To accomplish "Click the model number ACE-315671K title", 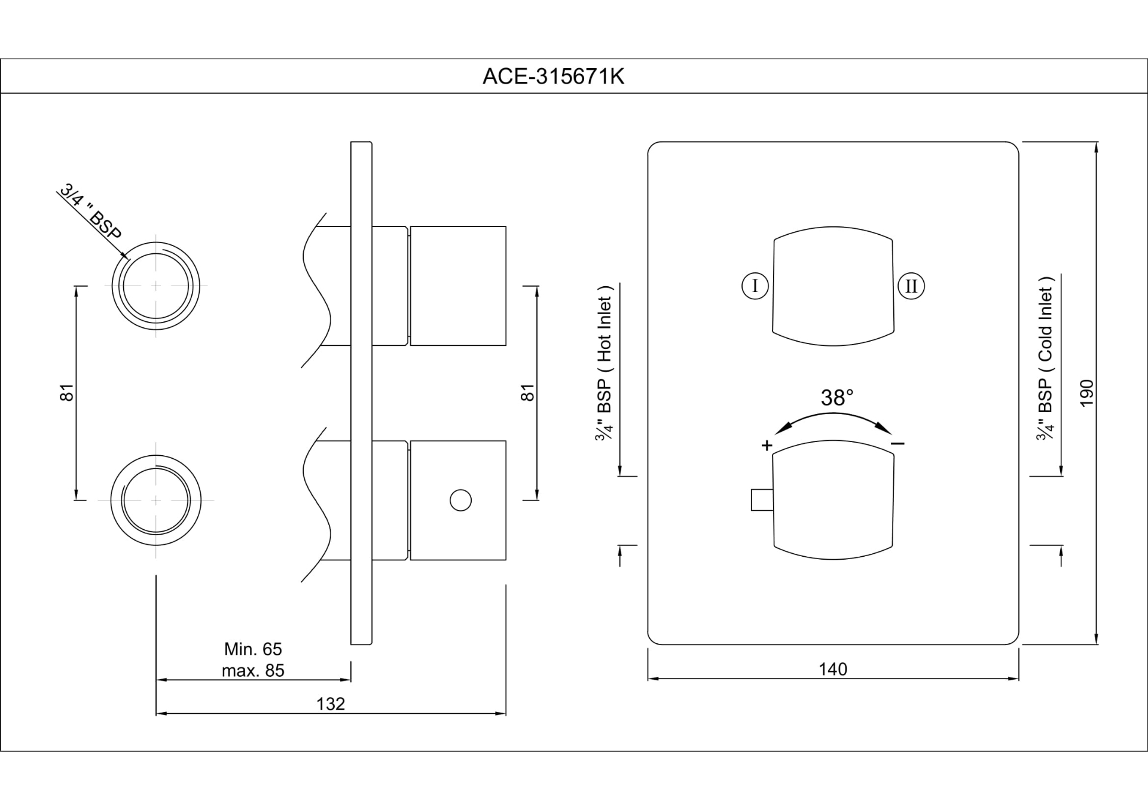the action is pyautogui.click(x=553, y=76).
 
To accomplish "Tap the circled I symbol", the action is pyautogui.click(x=755, y=286).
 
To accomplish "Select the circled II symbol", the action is pyautogui.click(x=911, y=286).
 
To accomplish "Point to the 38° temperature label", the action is pyautogui.click(x=836, y=397).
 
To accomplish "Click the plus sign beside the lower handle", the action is pyautogui.click(x=767, y=445).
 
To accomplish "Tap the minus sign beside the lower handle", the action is pyautogui.click(x=897, y=443).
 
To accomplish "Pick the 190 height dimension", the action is pyautogui.click(x=1087, y=393).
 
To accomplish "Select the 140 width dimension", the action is pyautogui.click(x=833, y=669).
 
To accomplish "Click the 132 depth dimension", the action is pyautogui.click(x=331, y=704).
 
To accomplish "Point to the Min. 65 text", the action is pyautogui.click(x=253, y=649).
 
